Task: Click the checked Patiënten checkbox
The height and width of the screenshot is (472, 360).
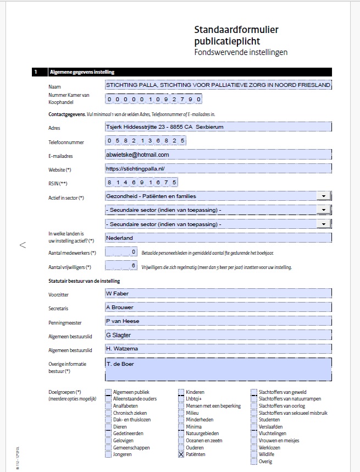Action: point(181,454)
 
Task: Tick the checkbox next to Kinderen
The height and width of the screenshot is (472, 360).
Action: point(181,392)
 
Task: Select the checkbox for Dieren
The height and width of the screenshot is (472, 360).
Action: point(108,426)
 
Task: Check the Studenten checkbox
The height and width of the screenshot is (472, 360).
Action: point(254,420)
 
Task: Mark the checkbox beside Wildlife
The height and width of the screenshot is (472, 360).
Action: point(254,454)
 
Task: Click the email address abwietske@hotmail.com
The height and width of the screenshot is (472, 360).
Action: point(137,155)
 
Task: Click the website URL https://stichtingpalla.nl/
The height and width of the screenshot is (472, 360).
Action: point(135,168)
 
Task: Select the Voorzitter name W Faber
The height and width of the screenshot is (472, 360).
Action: point(117,293)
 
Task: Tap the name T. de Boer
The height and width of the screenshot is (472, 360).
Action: point(119,363)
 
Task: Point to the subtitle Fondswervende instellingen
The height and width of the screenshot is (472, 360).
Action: point(241,52)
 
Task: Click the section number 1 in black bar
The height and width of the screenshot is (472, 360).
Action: point(36,72)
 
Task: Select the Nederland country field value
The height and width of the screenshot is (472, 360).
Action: point(119,238)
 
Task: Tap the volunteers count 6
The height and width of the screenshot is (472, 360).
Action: point(133,266)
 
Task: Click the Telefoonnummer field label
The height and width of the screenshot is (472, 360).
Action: point(66,142)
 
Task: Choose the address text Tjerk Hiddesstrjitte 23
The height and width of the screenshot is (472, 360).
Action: point(141,127)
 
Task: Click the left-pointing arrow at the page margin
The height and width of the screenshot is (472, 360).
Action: point(23,245)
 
